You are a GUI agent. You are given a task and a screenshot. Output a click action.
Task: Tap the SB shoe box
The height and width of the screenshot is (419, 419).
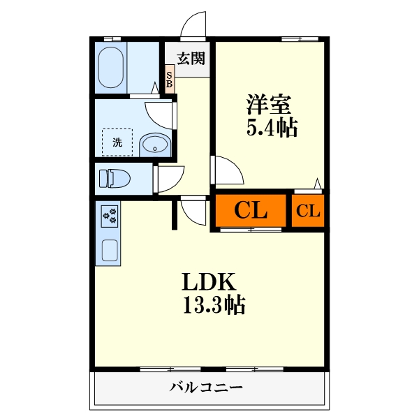click(x=170, y=79)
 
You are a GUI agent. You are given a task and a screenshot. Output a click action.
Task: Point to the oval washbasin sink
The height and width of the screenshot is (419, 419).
click(x=154, y=146)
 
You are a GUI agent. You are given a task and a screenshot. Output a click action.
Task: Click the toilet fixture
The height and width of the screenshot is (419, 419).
click(x=114, y=179)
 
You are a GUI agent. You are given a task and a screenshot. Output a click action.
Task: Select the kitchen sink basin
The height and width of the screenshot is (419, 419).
click(x=110, y=249)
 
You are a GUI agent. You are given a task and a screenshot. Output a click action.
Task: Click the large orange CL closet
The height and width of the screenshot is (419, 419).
click(x=250, y=211)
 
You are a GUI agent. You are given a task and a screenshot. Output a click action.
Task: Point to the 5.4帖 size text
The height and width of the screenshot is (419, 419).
click(x=271, y=127)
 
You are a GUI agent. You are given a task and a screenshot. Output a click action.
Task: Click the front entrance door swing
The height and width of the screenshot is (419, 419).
click(x=194, y=27)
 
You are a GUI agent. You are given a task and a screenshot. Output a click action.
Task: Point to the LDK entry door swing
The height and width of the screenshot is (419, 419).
click(x=193, y=207)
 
